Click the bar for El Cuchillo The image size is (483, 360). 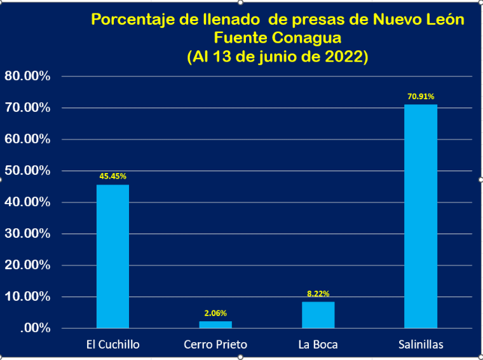pyautogui.click(x=112, y=256)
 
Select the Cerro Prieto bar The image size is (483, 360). pyautogui.click(x=215, y=324)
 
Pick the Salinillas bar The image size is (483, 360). pyautogui.click(x=421, y=216)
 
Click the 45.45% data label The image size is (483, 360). pyautogui.click(x=112, y=176)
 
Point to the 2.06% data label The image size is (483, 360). pyautogui.click(x=215, y=313)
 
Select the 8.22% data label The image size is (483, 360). pyautogui.click(x=318, y=294)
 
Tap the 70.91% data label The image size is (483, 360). pyautogui.click(x=421, y=97)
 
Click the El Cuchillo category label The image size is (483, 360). pyautogui.click(x=112, y=345)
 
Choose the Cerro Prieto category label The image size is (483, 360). pyautogui.click(x=215, y=345)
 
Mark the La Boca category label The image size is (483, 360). pyautogui.click(x=318, y=345)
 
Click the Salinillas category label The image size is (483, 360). pyautogui.click(x=421, y=345)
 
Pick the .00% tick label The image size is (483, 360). pyautogui.click(x=35, y=328)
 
